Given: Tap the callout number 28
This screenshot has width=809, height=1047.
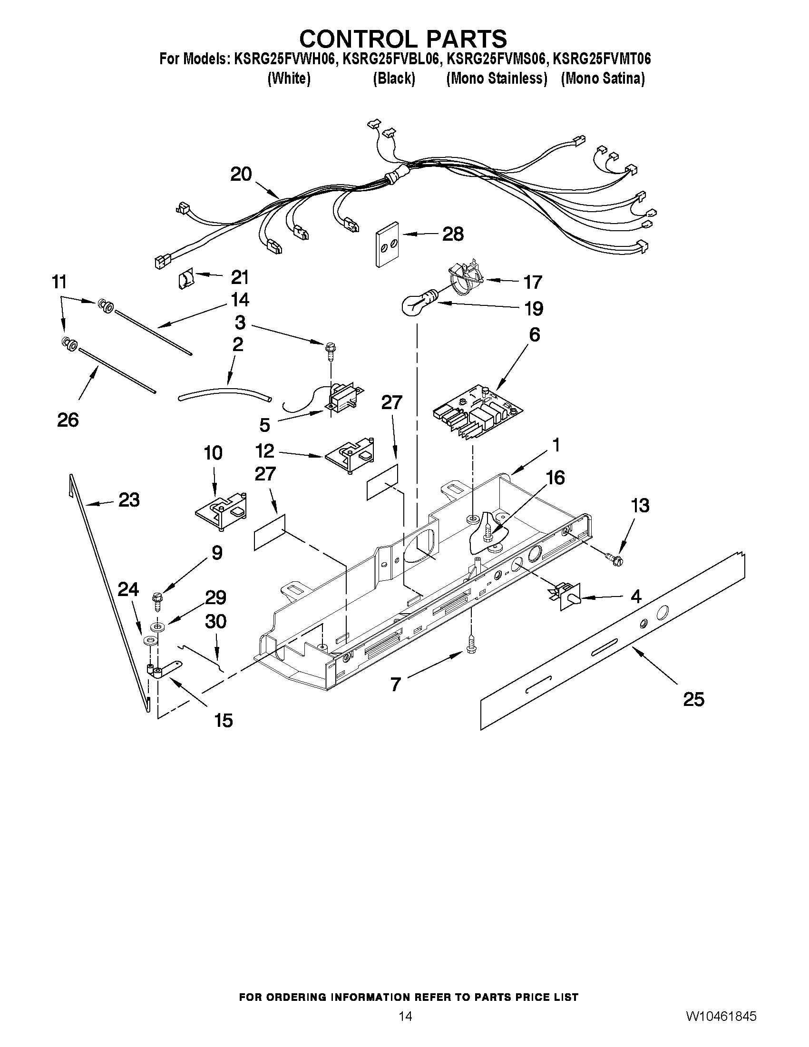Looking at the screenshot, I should point(453,234).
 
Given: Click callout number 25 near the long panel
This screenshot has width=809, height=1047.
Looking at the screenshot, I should point(693,699).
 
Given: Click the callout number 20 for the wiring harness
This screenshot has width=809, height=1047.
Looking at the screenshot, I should point(241,174).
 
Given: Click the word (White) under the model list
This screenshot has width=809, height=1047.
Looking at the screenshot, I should point(289,78).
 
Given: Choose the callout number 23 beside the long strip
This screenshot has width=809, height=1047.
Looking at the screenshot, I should point(128,500).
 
